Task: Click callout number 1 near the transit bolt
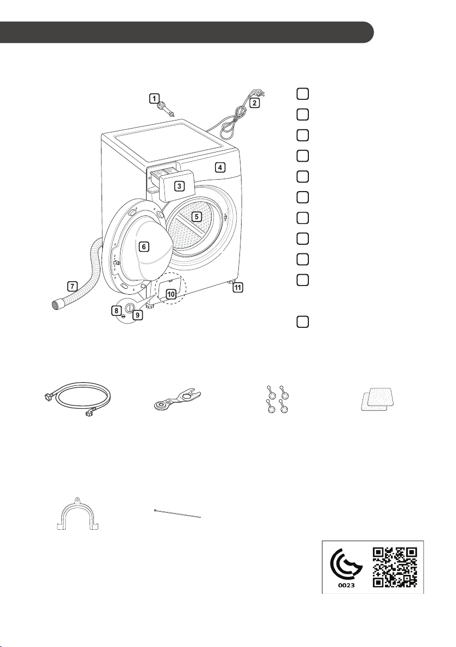pos(154,99)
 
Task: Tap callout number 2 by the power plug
pos(255,103)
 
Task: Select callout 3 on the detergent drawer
pos(179,186)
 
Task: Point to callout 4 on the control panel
pos(220,168)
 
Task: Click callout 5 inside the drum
pos(197,216)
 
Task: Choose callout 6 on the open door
pos(143,247)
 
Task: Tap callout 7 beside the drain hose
pos(72,286)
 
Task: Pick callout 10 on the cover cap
pos(171,294)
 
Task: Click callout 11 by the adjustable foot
pos(238,288)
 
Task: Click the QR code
pos(395,567)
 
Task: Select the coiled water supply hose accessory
pos(78,398)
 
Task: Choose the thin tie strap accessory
pos(177,513)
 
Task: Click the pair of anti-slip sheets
pos(378,399)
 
